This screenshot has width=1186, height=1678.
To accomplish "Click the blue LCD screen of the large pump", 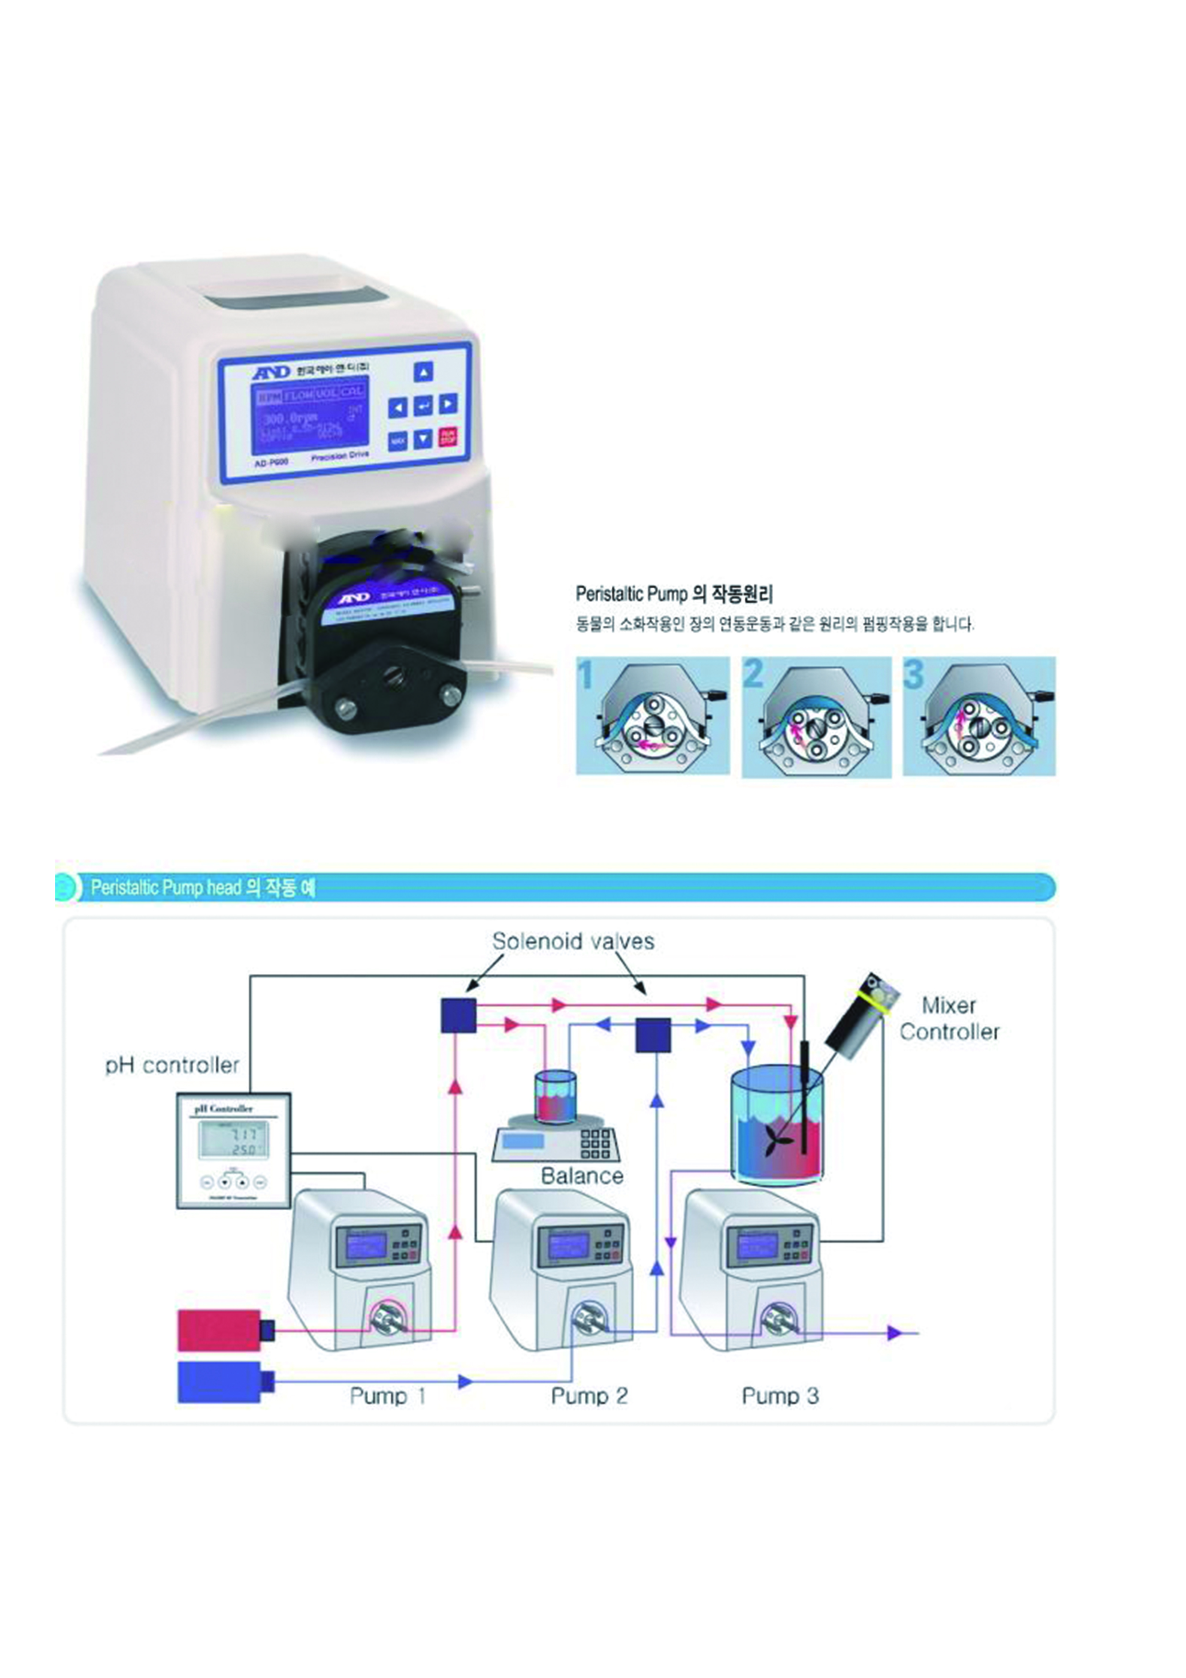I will [x=310, y=417].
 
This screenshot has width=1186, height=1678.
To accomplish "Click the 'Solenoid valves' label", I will [x=573, y=941].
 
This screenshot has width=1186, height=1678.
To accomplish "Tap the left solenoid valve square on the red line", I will [x=458, y=1015].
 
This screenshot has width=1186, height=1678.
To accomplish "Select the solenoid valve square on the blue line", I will [x=653, y=1035].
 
